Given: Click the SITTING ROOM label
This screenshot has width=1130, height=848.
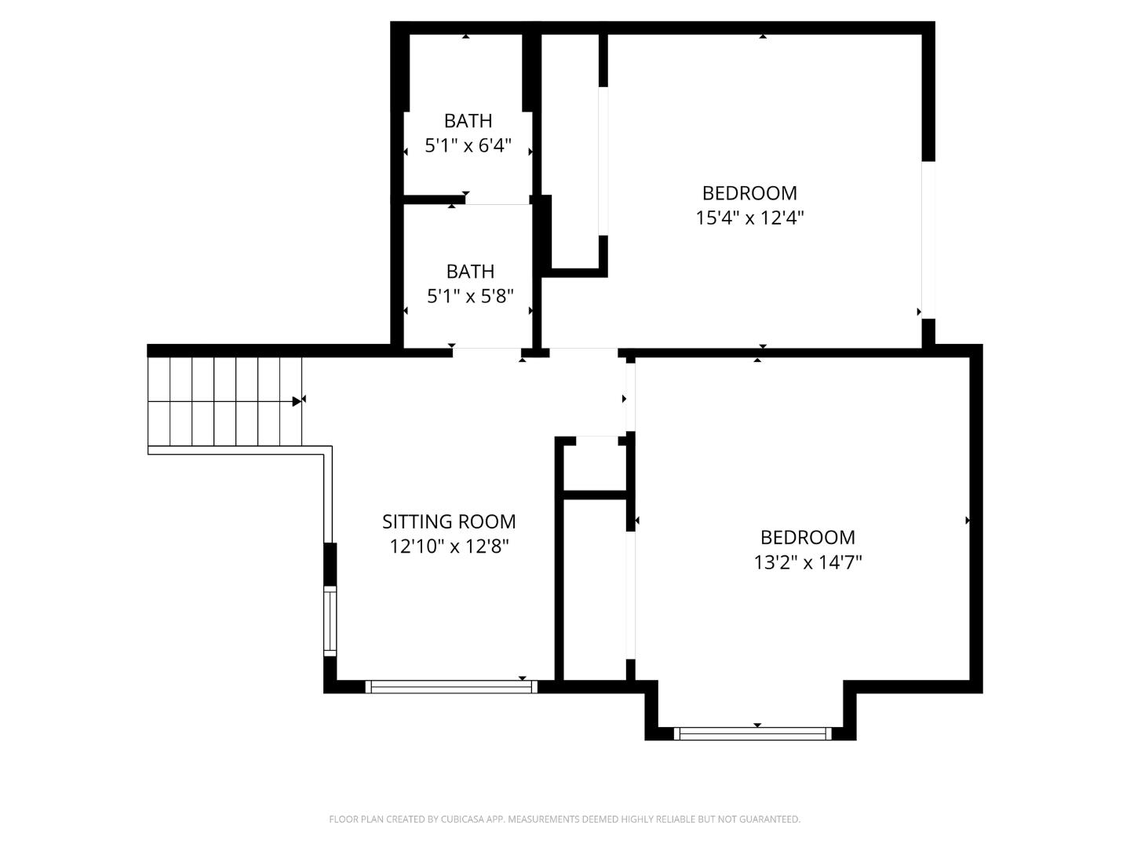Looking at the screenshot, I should pos(449,521).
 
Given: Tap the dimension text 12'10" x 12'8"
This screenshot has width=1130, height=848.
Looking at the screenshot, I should pos(449,546).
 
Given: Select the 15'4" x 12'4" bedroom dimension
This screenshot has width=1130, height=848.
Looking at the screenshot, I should pos(749,217).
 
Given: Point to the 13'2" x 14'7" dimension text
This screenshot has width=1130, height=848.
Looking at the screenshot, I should pos(807,562).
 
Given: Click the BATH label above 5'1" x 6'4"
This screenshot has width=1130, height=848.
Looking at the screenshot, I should pos(468,121).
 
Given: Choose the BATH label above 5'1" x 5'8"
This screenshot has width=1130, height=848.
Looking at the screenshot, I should pos(470,272).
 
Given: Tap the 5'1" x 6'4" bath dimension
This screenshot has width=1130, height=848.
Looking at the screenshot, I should pos(468,146).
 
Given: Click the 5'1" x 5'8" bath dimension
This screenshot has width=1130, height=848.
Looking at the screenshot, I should pos(470,297).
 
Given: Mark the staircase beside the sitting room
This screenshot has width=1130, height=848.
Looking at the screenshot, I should pos(224,401).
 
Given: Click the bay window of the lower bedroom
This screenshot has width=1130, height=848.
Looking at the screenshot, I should pos(752,734).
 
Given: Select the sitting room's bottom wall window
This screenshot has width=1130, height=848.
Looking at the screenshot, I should pos(451,687).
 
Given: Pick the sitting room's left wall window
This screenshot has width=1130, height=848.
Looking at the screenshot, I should pos(330,621).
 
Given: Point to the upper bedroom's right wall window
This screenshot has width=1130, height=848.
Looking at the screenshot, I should pos(928,239).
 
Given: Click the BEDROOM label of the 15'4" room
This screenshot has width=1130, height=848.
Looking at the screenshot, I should pos(749,193).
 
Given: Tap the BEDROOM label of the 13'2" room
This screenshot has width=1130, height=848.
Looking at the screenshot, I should pos(807,538).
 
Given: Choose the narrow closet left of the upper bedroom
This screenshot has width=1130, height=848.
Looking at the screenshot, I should pos(570,149).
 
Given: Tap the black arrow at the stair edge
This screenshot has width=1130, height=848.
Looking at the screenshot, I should pos(297,401).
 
